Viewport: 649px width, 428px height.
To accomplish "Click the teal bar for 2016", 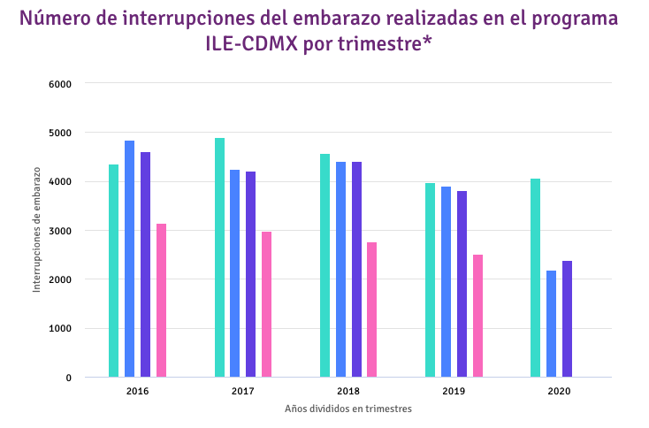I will coord(114,271).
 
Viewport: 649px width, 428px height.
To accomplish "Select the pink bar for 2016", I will coord(161,301).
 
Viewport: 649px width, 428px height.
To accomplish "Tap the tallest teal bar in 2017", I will coord(219,257).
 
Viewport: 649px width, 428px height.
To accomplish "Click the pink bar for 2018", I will coord(372,310).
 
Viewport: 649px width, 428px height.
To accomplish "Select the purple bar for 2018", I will coord(356,270).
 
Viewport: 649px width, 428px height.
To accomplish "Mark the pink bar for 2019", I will coord(477,316).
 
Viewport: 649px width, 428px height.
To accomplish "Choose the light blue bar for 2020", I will coord(551,324).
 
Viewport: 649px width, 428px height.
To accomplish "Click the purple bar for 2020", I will coord(567,319).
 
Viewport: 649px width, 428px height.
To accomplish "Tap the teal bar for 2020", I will coord(535,278).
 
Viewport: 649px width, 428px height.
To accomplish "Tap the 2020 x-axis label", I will coord(559,391).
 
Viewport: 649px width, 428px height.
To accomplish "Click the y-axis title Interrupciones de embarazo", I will coord(37,232).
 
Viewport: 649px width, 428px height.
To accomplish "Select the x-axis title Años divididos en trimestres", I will coord(348,409).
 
